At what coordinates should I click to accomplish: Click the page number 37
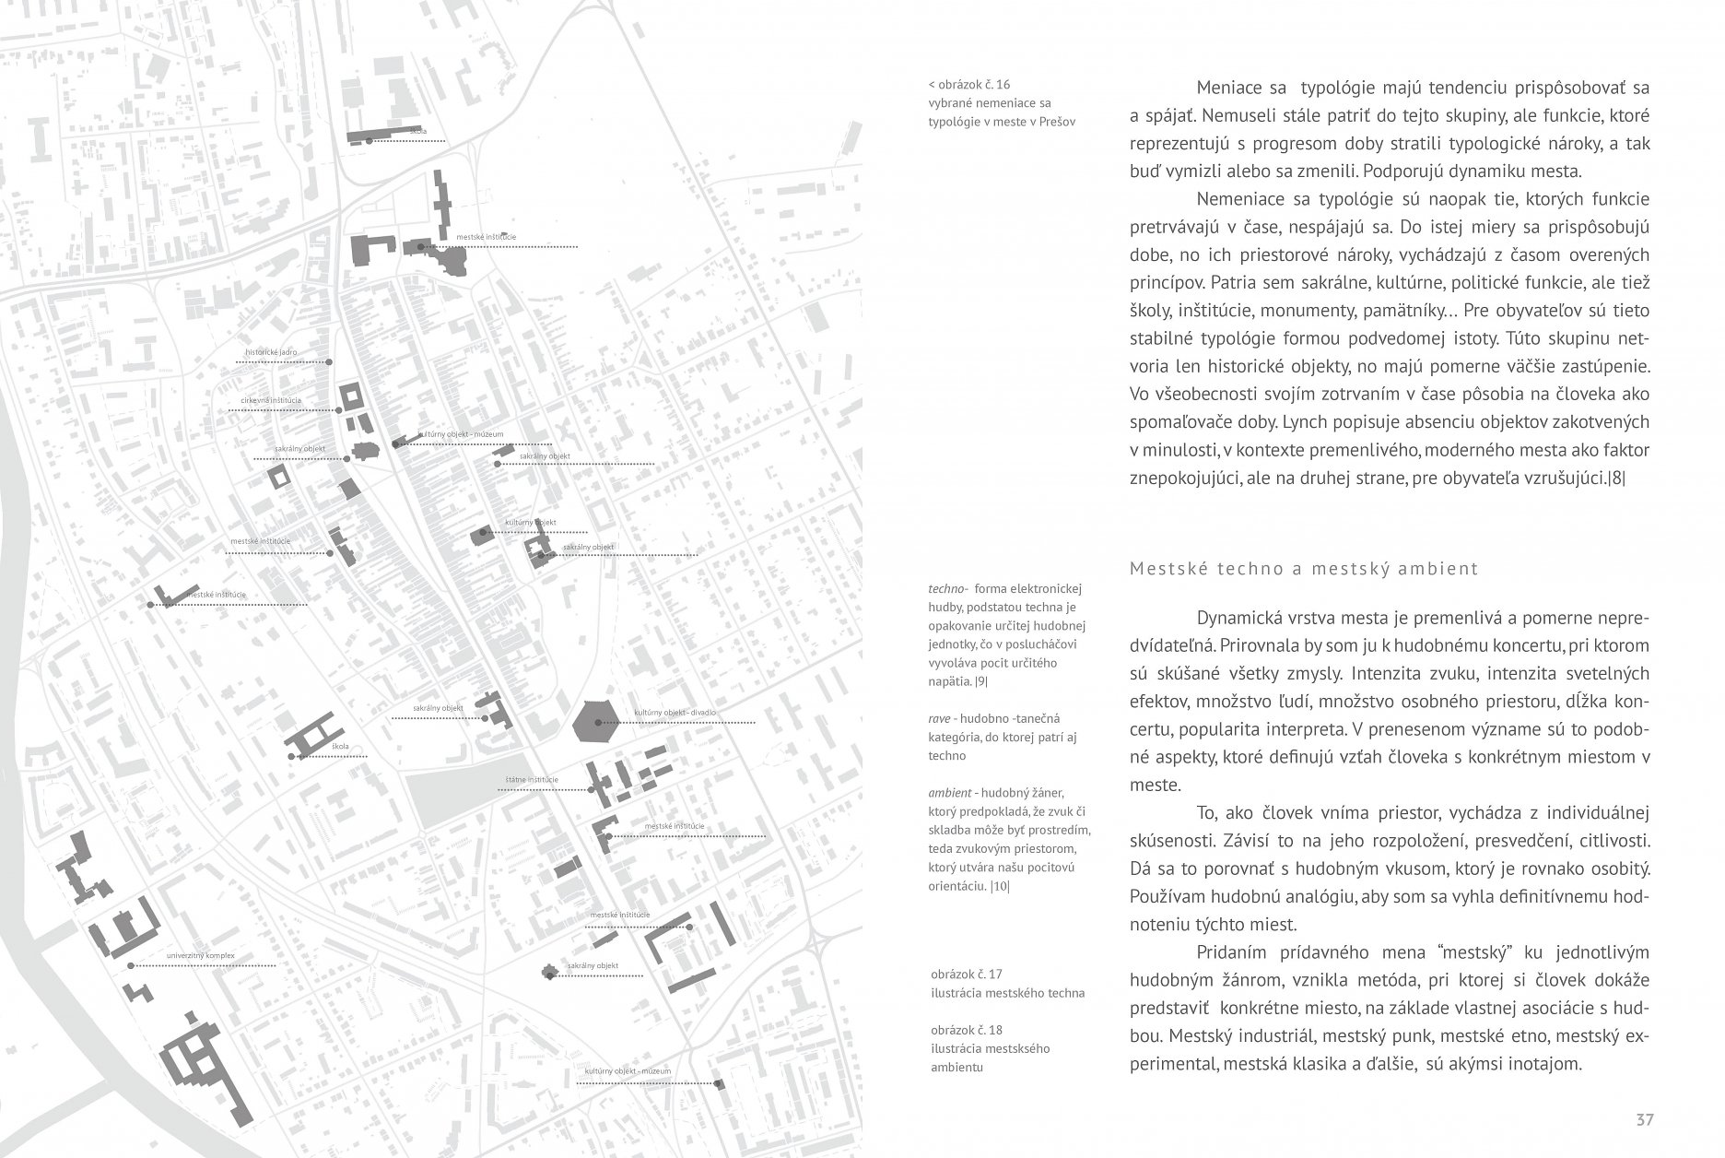(1645, 1120)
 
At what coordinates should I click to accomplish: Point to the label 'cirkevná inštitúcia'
(271, 400)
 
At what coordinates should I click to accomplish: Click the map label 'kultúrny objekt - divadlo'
(675, 713)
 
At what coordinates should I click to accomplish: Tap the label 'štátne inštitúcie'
(532, 780)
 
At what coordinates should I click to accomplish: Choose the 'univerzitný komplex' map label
(201, 955)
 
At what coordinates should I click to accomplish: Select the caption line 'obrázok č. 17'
(967, 974)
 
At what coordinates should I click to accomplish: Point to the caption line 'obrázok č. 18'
(967, 1029)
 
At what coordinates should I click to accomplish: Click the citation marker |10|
(1000, 887)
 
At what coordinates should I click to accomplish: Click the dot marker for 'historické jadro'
(329, 363)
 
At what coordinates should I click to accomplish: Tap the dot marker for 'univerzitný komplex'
(132, 965)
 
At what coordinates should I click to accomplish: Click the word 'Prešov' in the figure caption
(1057, 122)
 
